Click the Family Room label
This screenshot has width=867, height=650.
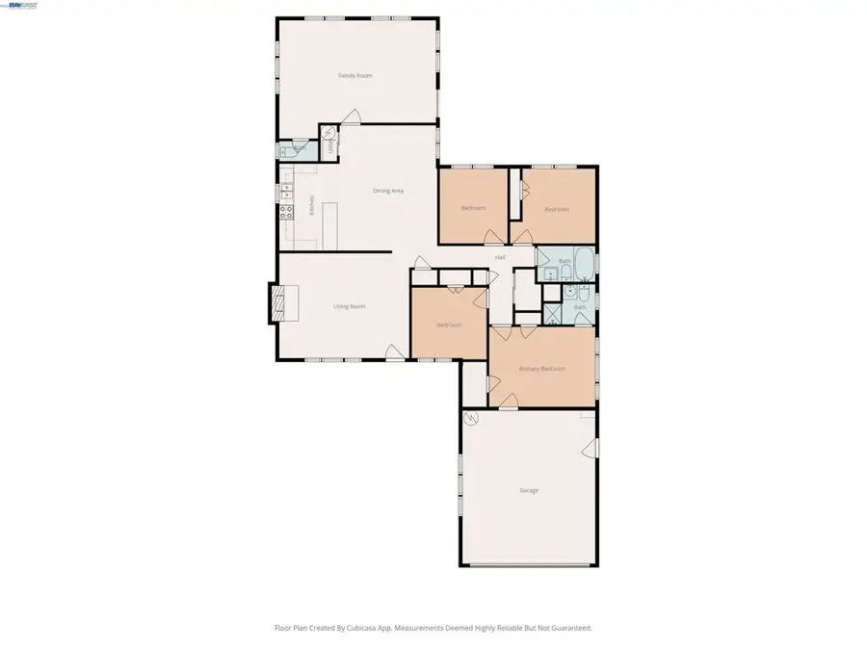[x=355, y=75]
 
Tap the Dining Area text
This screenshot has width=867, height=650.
[x=387, y=191]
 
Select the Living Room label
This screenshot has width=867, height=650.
[x=349, y=306]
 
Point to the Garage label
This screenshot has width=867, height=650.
[x=529, y=490]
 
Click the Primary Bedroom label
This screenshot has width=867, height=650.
[x=541, y=369]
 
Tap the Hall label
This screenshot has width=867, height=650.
[x=500, y=258]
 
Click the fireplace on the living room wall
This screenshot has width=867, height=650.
[x=277, y=303]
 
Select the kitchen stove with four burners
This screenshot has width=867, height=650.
[x=286, y=214]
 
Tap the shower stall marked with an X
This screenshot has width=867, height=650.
[x=554, y=313]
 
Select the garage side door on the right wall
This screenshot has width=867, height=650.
[x=592, y=448]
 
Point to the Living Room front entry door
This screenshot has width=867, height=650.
[x=392, y=352]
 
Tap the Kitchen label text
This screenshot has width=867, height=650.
[x=312, y=207]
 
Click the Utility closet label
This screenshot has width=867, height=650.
[x=331, y=144]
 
